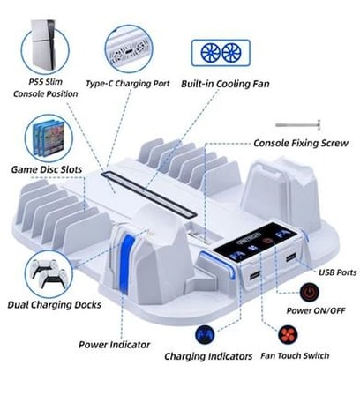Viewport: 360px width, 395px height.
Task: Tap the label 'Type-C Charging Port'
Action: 128,84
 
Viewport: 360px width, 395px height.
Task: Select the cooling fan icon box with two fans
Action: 221,53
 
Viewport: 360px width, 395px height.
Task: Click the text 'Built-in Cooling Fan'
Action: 225,84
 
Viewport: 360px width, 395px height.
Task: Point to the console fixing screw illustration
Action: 297,125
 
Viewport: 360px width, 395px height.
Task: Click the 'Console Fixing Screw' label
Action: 301,143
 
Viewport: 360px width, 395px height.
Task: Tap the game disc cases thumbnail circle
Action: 49,138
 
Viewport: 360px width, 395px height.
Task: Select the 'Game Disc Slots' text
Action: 47,169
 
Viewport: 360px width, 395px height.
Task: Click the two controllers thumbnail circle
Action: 49,273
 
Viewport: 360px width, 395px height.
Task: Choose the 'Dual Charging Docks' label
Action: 55,304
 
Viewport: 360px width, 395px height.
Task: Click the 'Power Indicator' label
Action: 114,345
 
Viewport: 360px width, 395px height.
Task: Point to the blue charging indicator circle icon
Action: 205,334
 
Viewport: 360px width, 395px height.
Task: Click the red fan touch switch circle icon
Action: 288,334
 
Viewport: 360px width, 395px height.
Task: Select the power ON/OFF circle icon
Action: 310,292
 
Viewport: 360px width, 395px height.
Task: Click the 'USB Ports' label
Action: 338,272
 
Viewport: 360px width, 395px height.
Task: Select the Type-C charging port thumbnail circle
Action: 129,49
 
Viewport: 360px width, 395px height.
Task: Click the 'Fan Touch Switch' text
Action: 295,355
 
